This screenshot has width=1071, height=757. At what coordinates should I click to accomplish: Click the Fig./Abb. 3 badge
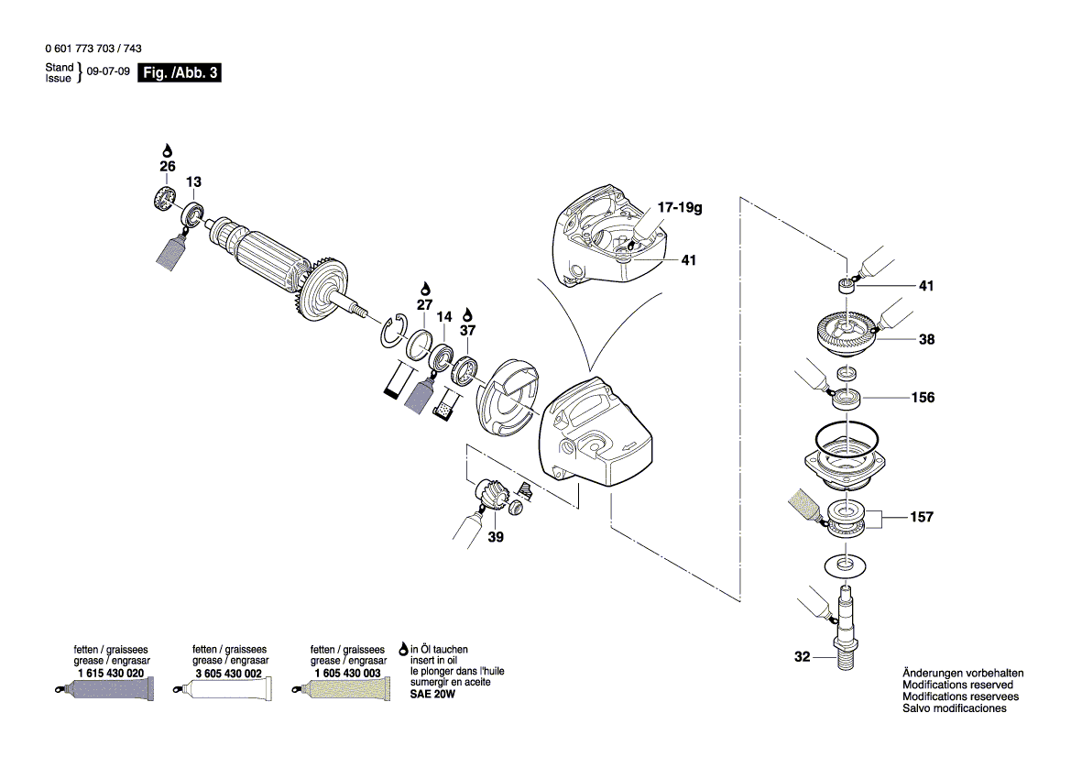[179, 73]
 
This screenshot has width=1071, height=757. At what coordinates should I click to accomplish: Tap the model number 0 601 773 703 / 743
[93, 49]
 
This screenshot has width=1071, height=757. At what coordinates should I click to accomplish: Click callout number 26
[167, 167]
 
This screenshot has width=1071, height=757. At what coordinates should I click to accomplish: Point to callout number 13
[194, 181]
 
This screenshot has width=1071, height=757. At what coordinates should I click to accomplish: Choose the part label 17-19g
[679, 209]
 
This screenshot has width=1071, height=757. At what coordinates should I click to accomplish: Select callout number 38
[926, 338]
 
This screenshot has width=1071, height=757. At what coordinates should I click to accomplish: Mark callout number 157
[922, 517]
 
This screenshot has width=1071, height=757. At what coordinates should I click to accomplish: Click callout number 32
[803, 656]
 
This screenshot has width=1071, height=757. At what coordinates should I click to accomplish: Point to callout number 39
[496, 536]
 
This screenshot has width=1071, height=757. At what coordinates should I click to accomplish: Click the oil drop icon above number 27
[424, 288]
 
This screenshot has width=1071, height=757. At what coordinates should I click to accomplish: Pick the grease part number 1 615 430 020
[111, 673]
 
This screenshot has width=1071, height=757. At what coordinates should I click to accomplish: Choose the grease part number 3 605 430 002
[229, 673]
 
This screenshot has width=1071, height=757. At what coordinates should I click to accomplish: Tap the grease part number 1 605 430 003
[347, 673]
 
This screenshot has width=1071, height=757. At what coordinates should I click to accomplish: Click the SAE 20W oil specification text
[432, 695]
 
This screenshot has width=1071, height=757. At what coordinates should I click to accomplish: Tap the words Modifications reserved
[957, 685]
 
